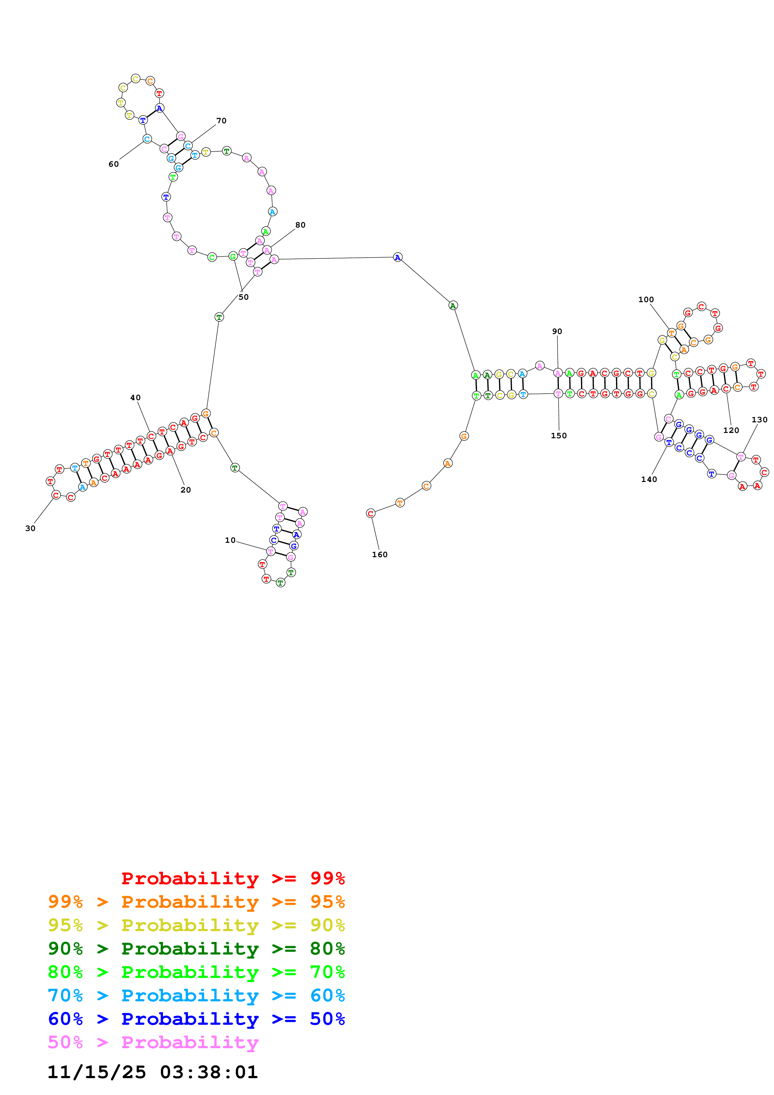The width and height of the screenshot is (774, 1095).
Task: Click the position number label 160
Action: point(380,555)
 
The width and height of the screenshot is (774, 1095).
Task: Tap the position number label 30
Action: point(30,528)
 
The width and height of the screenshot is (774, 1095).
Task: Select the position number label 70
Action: point(221,121)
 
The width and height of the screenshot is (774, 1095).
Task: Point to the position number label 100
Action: point(646,300)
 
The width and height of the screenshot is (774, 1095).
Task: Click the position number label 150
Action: point(559,435)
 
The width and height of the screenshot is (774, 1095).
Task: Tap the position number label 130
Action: point(759,420)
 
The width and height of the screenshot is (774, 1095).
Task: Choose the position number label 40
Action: point(136,397)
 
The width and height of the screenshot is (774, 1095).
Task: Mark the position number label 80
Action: point(300,225)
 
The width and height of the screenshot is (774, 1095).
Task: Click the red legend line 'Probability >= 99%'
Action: point(233,878)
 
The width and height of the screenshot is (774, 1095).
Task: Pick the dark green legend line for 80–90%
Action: point(196,949)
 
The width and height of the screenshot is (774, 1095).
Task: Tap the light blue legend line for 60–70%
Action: point(196,995)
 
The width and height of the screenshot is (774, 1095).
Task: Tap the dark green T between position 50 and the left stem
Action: point(219,317)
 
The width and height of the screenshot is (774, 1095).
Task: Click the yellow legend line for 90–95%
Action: point(196,925)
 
